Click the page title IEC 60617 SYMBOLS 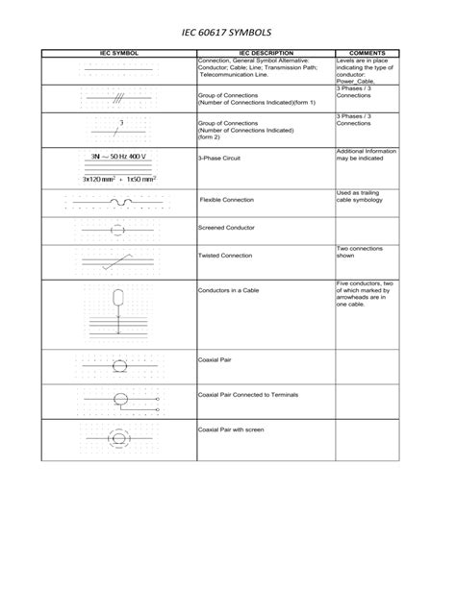click(x=227, y=31)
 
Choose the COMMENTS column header click(x=367, y=53)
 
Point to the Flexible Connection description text click(x=226, y=200)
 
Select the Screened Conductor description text click(x=225, y=229)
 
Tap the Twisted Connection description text click(x=225, y=257)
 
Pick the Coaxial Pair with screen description click(x=230, y=429)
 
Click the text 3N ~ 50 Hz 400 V click(x=118, y=156)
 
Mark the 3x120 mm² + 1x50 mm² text click(x=118, y=179)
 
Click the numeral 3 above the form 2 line click(x=121, y=123)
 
